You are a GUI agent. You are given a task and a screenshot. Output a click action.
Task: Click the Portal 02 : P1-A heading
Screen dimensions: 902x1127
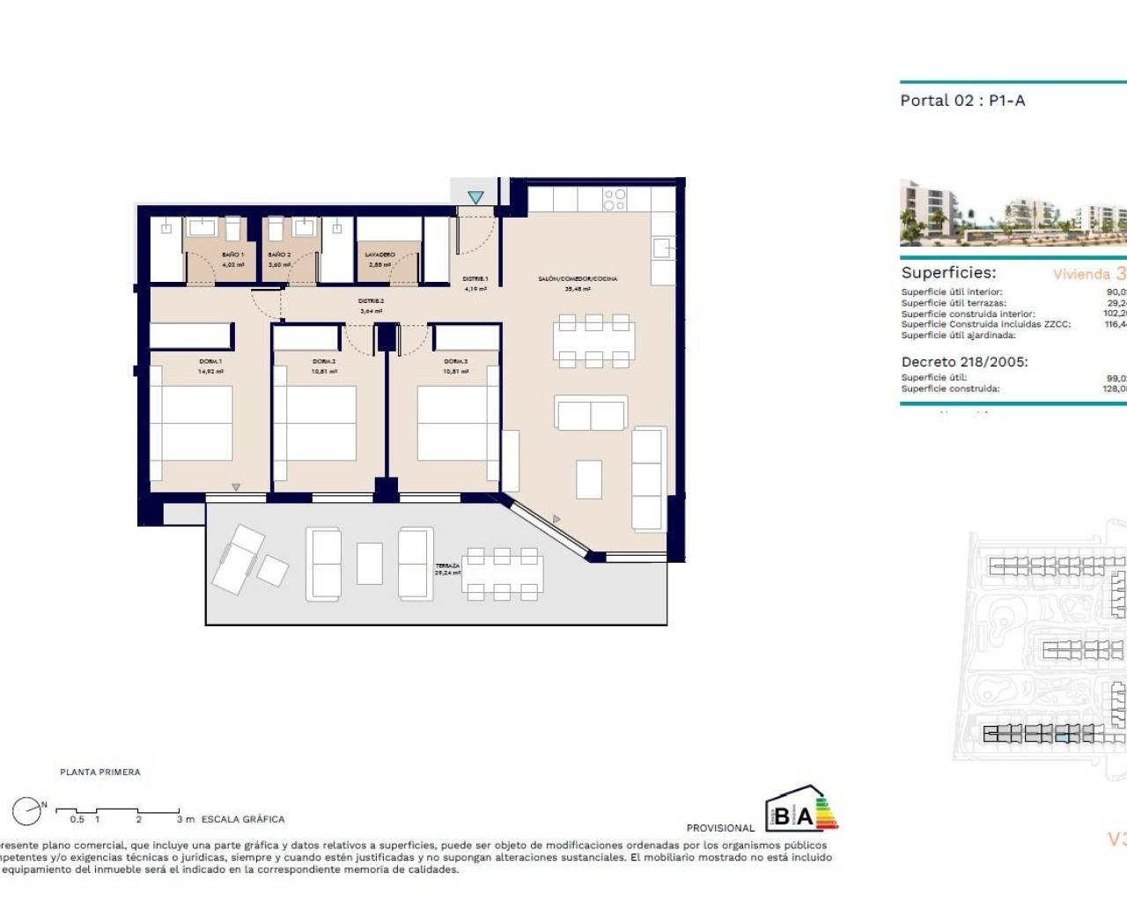(x=962, y=100)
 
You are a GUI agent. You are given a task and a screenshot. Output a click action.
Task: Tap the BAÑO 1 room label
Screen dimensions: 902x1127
(x=232, y=255)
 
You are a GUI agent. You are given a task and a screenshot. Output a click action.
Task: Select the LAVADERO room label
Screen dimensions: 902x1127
(x=380, y=255)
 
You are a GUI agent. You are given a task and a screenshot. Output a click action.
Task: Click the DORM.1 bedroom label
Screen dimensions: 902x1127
(x=210, y=361)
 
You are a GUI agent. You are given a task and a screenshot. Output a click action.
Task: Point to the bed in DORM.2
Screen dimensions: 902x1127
(x=322, y=423)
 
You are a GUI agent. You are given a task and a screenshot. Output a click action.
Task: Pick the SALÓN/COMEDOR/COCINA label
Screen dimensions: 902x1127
(x=578, y=278)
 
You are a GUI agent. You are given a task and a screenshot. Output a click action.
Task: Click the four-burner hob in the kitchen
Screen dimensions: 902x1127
(x=615, y=200)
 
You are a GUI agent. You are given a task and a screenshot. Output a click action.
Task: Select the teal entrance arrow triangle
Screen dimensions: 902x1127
(x=475, y=197)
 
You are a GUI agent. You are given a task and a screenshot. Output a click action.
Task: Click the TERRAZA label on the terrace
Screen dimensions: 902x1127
(x=447, y=566)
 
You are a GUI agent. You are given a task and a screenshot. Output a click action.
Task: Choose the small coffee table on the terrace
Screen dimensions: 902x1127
(x=370, y=564)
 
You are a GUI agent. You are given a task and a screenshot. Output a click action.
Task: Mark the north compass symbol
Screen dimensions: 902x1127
(x=27, y=811)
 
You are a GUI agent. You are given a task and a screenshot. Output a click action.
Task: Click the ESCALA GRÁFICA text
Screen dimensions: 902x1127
(x=243, y=819)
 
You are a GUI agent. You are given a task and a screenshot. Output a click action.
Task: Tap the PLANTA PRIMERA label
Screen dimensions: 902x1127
(x=100, y=773)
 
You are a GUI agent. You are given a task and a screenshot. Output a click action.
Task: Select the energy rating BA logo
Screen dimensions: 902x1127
(x=799, y=810)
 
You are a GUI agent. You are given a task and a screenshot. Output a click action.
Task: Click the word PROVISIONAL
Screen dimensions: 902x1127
(x=720, y=828)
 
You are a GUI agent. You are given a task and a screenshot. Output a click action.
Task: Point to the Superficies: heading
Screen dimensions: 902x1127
(x=948, y=273)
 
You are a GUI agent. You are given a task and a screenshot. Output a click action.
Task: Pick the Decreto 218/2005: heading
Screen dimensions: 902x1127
(x=964, y=362)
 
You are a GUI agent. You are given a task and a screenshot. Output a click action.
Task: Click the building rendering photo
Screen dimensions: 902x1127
(x=1013, y=213)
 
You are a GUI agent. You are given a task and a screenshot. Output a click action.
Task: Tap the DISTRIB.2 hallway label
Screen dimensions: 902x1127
(x=372, y=301)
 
